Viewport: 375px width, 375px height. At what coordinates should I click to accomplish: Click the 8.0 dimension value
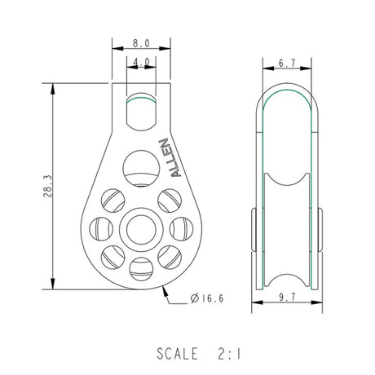coord(141,43)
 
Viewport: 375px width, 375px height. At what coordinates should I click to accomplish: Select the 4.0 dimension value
coord(141,62)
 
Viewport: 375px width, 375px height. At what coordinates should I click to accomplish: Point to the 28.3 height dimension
coord(47,186)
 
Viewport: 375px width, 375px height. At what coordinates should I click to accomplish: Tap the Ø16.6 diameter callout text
coord(207,298)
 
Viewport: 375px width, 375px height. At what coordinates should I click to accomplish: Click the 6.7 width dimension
coord(287,63)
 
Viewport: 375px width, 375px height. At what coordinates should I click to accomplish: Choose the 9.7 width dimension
coord(287,297)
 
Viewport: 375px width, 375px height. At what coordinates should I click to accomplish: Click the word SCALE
coord(177,354)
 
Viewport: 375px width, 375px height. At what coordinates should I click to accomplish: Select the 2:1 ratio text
coord(229,354)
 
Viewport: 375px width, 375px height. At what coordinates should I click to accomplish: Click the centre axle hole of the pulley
coord(141,230)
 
